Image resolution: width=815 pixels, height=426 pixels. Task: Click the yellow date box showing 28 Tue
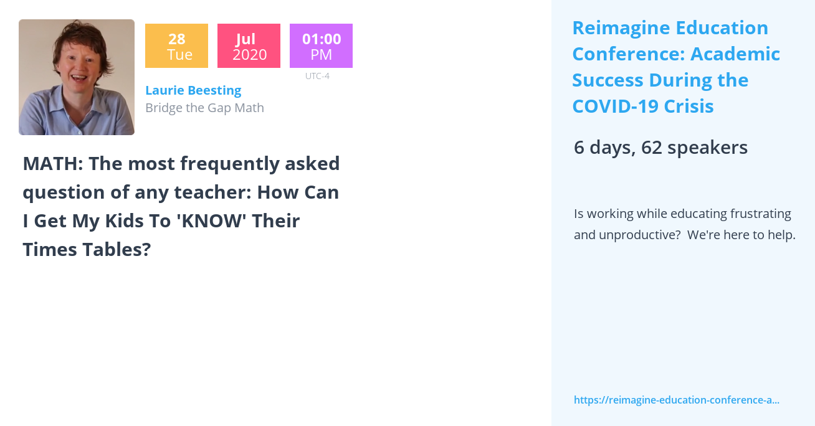(176, 46)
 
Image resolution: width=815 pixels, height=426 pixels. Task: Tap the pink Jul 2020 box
(249, 46)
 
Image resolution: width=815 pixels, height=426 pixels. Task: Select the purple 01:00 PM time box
(321, 46)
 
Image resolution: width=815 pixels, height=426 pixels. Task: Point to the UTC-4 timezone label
(317, 76)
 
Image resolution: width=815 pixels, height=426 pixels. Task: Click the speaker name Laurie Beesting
(193, 90)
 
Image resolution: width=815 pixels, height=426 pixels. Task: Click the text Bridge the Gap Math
(204, 108)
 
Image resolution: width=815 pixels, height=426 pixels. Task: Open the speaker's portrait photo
(77, 77)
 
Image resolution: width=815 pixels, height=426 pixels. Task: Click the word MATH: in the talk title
(52, 164)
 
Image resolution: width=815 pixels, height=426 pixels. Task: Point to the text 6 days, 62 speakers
(660, 148)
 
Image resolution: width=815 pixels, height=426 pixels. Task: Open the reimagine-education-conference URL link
(676, 400)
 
